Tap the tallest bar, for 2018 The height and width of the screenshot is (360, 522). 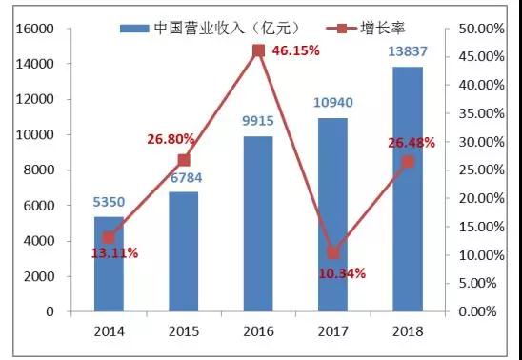tap(408, 190)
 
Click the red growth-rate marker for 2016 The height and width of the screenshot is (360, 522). tap(258, 50)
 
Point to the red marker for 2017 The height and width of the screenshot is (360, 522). tap(332, 252)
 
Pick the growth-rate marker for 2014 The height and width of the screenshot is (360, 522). tap(109, 237)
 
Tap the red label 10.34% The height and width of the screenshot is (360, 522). tap(340, 273)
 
